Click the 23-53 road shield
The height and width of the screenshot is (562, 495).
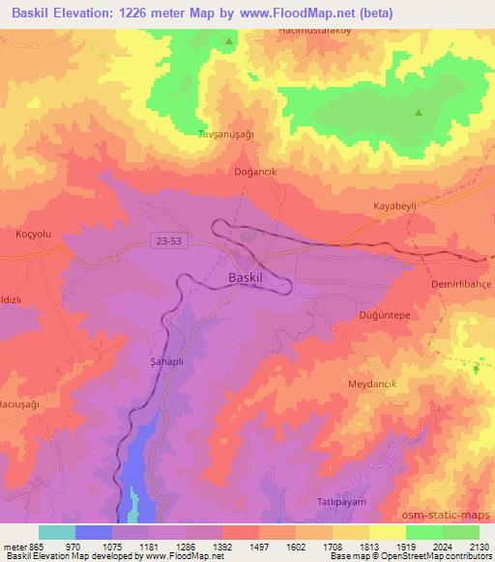pos(166,239)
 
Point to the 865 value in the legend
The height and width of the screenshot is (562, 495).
pos(25,547)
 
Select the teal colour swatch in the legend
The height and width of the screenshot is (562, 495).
pos(57,532)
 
